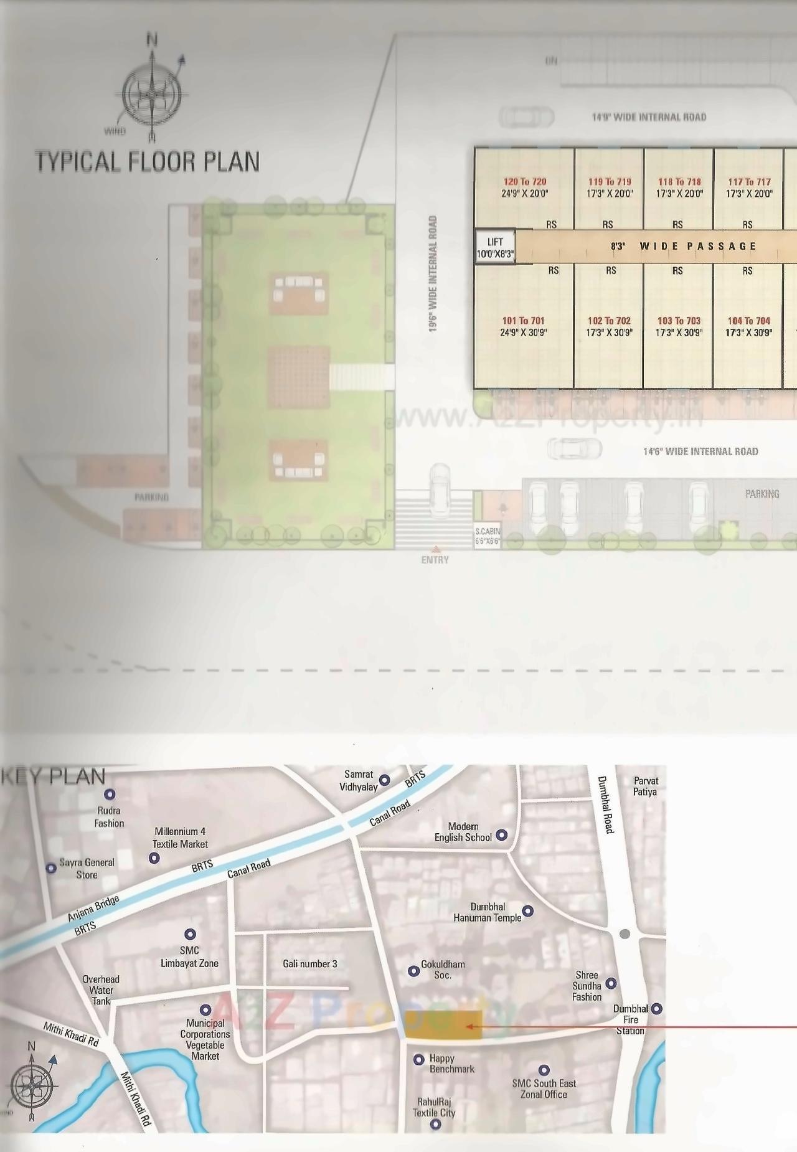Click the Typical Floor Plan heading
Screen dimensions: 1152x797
point(148,161)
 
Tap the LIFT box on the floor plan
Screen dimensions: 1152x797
point(495,247)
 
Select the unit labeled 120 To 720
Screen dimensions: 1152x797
point(524,187)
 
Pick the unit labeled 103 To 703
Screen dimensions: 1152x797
point(679,326)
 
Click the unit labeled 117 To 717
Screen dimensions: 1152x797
point(749,187)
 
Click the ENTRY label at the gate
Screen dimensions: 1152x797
point(435,560)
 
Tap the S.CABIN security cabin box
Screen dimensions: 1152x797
point(487,536)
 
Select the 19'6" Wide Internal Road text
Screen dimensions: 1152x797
point(433,274)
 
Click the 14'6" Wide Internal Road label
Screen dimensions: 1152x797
point(700,451)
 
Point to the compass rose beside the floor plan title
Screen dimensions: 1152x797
point(151,93)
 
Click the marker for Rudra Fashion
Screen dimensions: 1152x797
point(110,795)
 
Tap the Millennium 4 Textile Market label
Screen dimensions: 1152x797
point(180,838)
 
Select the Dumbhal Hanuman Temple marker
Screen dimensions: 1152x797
point(528,911)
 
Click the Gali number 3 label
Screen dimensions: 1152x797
point(309,964)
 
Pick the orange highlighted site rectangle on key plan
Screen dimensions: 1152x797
point(443,1025)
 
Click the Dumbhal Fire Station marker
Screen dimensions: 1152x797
point(656,1008)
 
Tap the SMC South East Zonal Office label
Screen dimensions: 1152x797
point(544,1088)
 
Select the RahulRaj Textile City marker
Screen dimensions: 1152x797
point(435,1124)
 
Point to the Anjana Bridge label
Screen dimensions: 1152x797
point(93,907)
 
